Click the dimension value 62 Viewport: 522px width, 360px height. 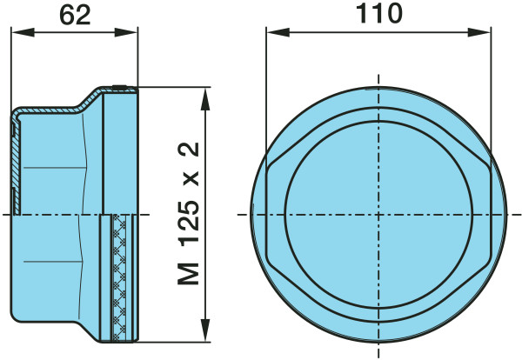tap(75, 16)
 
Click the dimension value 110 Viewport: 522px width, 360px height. tap(379, 14)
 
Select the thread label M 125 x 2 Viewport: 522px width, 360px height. tap(189, 214)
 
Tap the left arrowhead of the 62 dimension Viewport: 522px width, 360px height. tap(23, 32)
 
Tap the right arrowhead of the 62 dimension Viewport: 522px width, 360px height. tap(126, 32)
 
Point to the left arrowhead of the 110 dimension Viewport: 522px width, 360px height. tap(278, 32)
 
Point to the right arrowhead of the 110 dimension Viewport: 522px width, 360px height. tap(478, 32)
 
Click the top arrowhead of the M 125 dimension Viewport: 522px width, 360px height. tap(205, 99)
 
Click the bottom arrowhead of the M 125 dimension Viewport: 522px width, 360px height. tap(205, 330)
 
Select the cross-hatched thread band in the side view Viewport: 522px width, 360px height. tap(119, 278)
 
